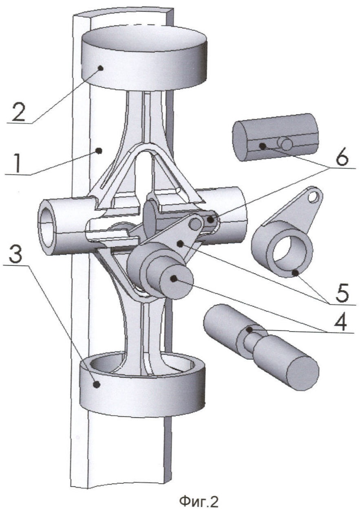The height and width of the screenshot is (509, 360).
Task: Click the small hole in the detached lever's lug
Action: point(313,197)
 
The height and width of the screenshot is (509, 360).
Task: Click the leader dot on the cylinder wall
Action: point(98,151)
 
